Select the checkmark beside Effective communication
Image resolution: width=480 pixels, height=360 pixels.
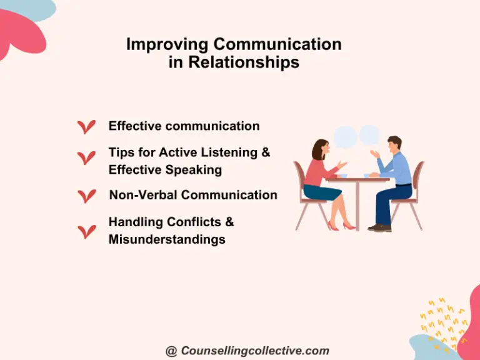86,127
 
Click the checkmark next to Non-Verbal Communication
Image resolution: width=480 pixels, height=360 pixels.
86,196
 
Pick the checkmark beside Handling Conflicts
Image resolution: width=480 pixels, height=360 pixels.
86,231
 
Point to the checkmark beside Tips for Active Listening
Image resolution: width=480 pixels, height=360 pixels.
86,157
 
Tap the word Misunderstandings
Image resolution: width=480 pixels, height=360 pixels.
167,239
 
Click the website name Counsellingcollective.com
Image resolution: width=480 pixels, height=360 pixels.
255,351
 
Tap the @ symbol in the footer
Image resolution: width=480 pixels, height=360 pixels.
171,351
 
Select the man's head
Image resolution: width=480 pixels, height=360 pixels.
395,145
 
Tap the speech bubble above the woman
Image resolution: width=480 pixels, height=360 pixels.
345,136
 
